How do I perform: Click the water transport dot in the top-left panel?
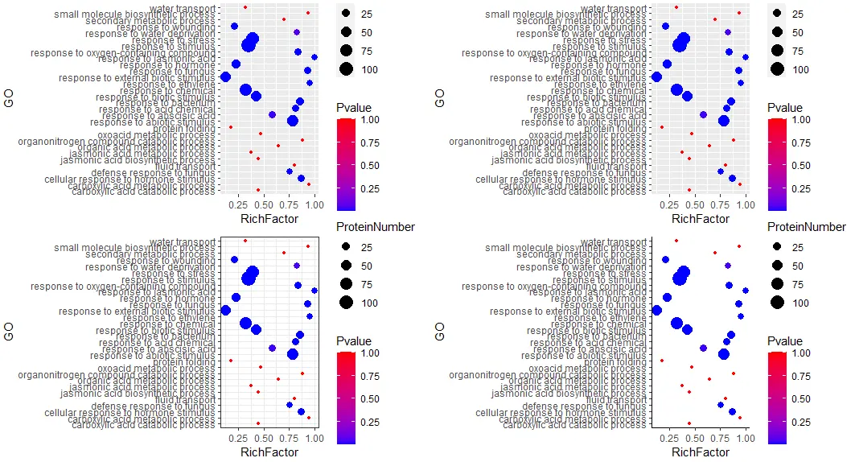coord(245,7)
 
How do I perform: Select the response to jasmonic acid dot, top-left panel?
coord(314,57)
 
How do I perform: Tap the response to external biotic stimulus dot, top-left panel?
coord(225,77)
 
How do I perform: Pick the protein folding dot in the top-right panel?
coord(662,127)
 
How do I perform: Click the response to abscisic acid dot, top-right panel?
coord(703,114)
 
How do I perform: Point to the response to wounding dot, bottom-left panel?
coord(234,259)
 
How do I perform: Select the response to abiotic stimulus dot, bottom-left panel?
coord(293,354)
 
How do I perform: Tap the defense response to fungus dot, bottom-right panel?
coord(720,405)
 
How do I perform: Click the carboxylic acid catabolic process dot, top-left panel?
coord(258,190)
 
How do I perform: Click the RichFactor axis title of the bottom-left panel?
coord(269,452)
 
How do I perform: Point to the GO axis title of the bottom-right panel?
coord(441,331)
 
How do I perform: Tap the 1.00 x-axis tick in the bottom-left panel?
coord(314,439)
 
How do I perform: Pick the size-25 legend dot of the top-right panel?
coord(777,14)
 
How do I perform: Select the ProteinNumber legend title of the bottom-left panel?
coord(376,227)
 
